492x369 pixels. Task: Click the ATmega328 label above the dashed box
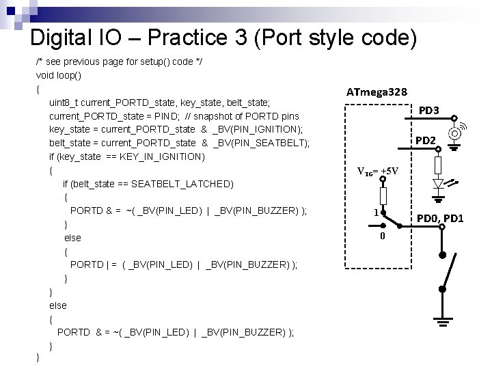point(377,92)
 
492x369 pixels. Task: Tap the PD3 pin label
point(429,110)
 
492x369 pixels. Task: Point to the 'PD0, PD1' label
point(441,218)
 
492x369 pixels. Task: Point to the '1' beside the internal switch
point(375,213)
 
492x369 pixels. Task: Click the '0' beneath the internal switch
point(383,236)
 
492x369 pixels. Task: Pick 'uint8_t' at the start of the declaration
point(64,102)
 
